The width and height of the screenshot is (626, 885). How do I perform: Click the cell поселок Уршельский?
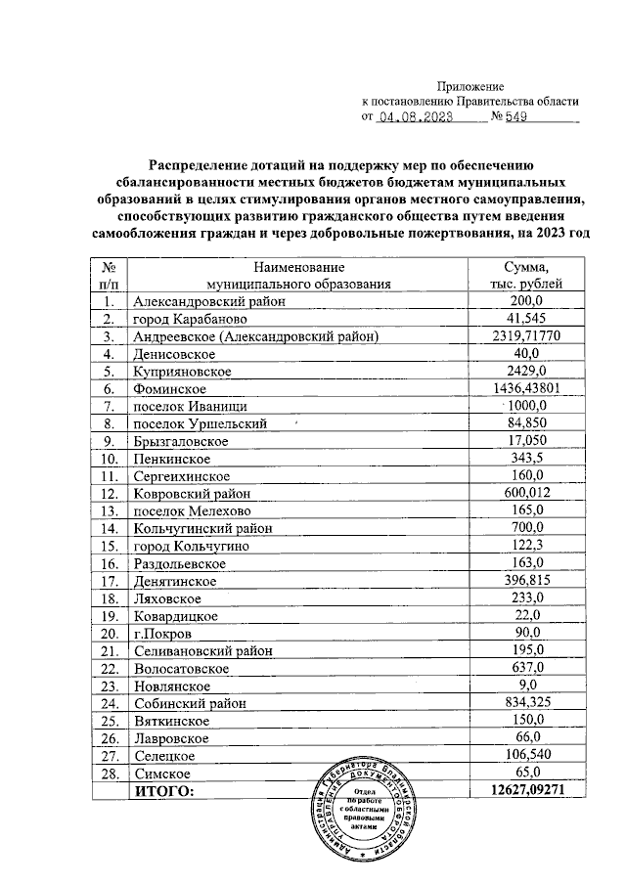tap(199, 423)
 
